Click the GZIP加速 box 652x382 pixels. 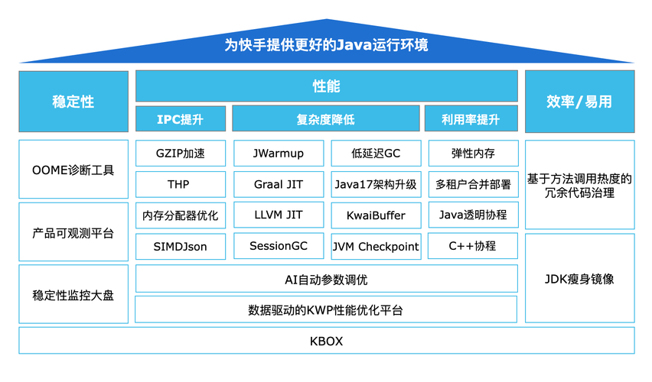point(181,154)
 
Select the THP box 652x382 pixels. point(181,184)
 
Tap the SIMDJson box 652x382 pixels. point(181,246)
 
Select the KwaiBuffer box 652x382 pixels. point(376,215)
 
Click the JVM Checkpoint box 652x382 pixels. point(376,246)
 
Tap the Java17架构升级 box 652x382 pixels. point(376,184)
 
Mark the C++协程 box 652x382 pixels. point(473,246)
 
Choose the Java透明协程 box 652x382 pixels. point(473,215)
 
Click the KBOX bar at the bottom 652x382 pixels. point(326,341)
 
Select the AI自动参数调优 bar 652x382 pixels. point(326,280)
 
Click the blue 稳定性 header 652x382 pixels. point(73,102)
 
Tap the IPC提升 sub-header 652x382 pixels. point(181,119)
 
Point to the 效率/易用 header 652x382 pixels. point(579,102)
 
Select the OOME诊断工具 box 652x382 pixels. point(73,170)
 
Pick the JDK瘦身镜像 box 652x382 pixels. point(579,279)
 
